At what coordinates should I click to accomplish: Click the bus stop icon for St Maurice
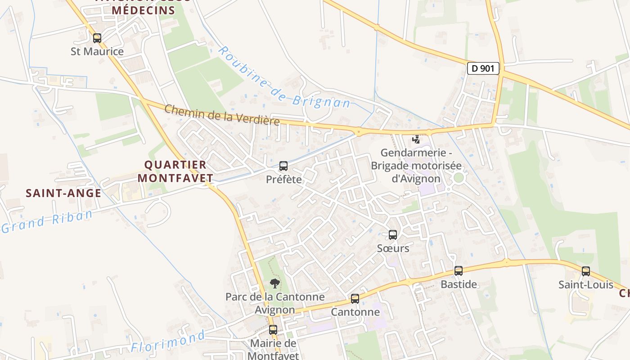click(x=97, y=38)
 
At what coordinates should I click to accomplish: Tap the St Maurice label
click(x=97, y=51)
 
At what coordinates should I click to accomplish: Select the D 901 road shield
click(x=483, y=68)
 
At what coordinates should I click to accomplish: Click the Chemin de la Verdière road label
click(x=222, y=115)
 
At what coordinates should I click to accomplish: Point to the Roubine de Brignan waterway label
click(x=284, y=78)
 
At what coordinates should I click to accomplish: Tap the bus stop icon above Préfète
click(x=283, y=166)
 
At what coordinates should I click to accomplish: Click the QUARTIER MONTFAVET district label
click(x=175, y=171)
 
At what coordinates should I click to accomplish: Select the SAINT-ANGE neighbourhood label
click(x=63, y=193)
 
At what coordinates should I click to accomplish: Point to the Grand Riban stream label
click(x=47, y=221)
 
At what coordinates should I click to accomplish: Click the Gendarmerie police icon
click(x=416, y=139)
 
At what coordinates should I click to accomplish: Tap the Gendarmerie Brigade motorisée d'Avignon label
click(x=416, y=166)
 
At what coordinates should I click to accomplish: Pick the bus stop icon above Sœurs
click(x=393, y=234)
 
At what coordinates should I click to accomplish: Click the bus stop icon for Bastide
click(x=459, y=271)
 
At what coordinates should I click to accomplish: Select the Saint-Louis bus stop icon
click(x=586, y=271)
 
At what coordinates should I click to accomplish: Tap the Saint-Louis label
click(x=586, y=285)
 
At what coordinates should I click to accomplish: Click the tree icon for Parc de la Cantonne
click(x=274, y=283)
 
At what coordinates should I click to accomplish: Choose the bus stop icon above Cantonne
click(x=355, y=299)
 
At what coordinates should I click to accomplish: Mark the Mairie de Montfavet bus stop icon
click(x=273, y=330)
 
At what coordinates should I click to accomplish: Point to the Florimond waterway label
click(x=168, y=342)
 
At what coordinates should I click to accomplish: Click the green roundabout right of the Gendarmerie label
click(x=459, y=178)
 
